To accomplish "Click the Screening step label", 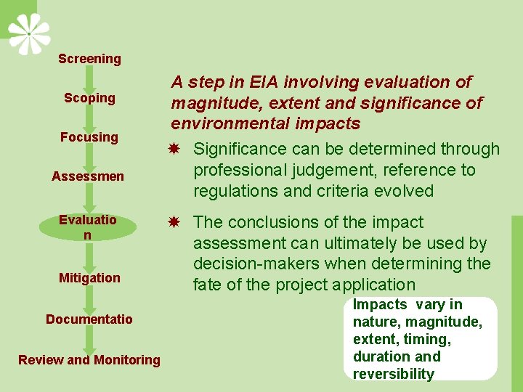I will (89, 59).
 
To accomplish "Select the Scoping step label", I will (89, 98).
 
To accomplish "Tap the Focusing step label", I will (89, 137).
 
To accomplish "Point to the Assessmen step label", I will (88, 176).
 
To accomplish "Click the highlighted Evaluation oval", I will (88, 227).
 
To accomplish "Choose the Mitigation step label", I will (89, 278).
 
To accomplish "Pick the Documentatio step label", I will (89, 319).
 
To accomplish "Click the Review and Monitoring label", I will (89, 360).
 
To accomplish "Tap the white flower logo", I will (29, 33).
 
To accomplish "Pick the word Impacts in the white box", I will (380, 304).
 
